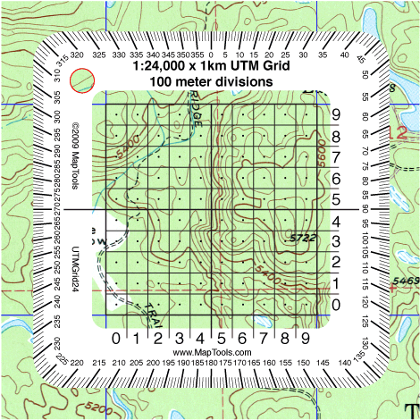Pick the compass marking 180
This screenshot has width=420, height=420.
click(208, 365)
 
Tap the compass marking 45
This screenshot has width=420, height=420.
click(359, 60)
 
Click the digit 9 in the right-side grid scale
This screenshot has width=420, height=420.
click(337, 115)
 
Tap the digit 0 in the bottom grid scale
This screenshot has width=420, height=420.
click(116, 338)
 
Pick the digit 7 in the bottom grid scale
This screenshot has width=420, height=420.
click(264, 338)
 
